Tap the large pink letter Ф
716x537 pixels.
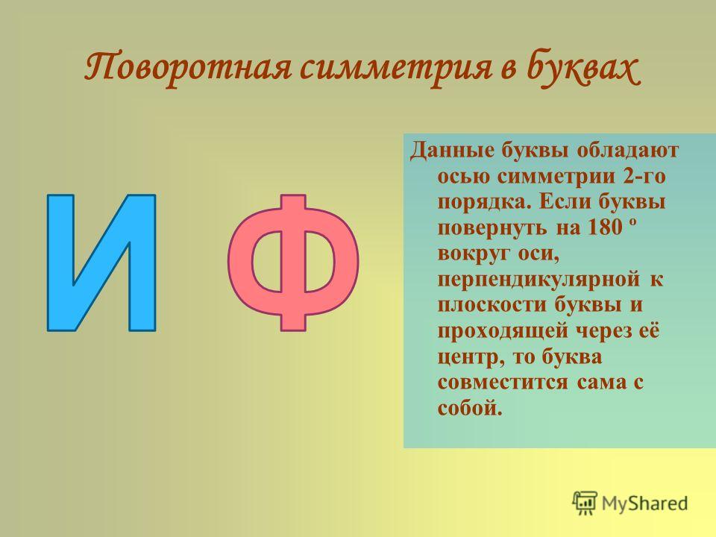click(293, 263)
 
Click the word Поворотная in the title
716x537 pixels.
click(188, 69)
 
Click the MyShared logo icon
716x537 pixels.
click(585, 503)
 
